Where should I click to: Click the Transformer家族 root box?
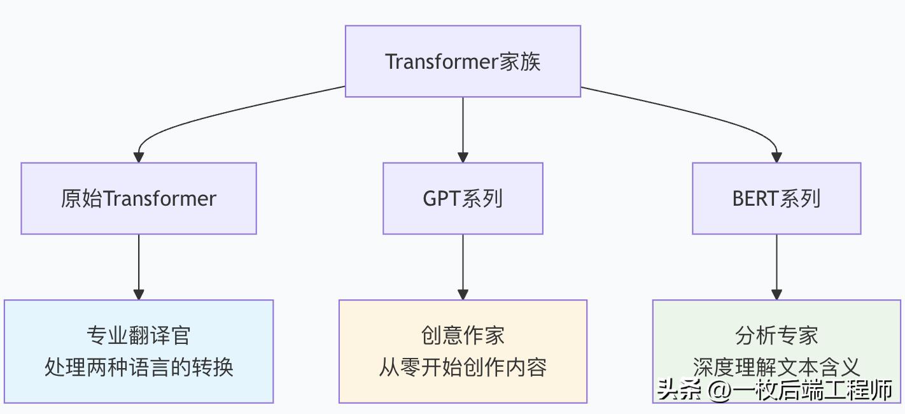[x=463, y=61]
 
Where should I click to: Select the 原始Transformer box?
[x=139, y=198]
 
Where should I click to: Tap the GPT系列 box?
[x=463, y=198]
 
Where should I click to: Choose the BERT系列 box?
[x=776, y=198]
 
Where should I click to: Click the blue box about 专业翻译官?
[x=139, y=351]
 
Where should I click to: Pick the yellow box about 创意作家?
[x=463, y=351]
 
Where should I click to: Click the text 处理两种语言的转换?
[x=139, y=368]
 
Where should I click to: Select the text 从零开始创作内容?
[x=463, y=368]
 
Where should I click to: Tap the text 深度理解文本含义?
[x=776, y=366]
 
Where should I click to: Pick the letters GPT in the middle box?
[x=442, y=198]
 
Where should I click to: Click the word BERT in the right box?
[x=755, y=198]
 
